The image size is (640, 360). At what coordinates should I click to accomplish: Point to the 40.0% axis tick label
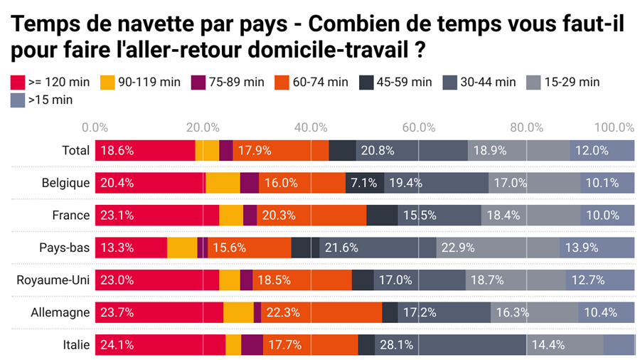(x=310, y=127)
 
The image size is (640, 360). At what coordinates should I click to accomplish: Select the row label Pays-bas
(x=64, y=248)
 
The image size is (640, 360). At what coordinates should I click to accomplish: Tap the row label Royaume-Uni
(x=53, y=280)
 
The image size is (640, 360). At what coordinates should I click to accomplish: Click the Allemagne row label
(x=60, y=312)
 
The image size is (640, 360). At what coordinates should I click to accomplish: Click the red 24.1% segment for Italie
(x=160, y=344)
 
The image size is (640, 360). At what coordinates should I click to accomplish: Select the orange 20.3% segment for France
(x=311, y=215)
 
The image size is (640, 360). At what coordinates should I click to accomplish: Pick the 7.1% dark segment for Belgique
(x=365, y=183)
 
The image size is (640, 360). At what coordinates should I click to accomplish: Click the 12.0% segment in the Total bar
(x=602, y=150)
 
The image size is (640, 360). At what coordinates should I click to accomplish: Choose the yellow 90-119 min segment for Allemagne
(x=238, y=312)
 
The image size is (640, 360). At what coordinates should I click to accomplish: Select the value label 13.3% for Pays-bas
(x=117, y=248)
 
